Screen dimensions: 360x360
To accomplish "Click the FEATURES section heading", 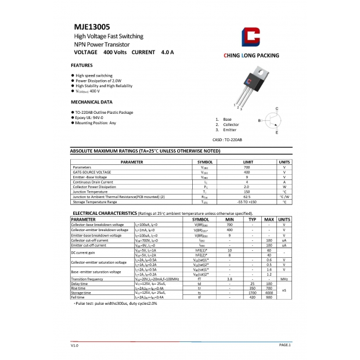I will (82, 65).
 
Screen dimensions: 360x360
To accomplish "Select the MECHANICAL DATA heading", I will (91, 102).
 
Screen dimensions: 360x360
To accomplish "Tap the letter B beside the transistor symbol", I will (260, 120).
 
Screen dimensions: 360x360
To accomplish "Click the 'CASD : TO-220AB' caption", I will (227, 140).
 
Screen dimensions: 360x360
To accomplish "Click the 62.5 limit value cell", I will (246, 197).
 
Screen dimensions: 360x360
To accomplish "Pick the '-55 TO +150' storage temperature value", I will (246, 202).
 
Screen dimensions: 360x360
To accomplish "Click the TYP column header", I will (252, 219).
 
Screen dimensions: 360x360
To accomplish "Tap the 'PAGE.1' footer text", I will (285, 345).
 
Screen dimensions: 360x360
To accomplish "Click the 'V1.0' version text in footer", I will (74, 345).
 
